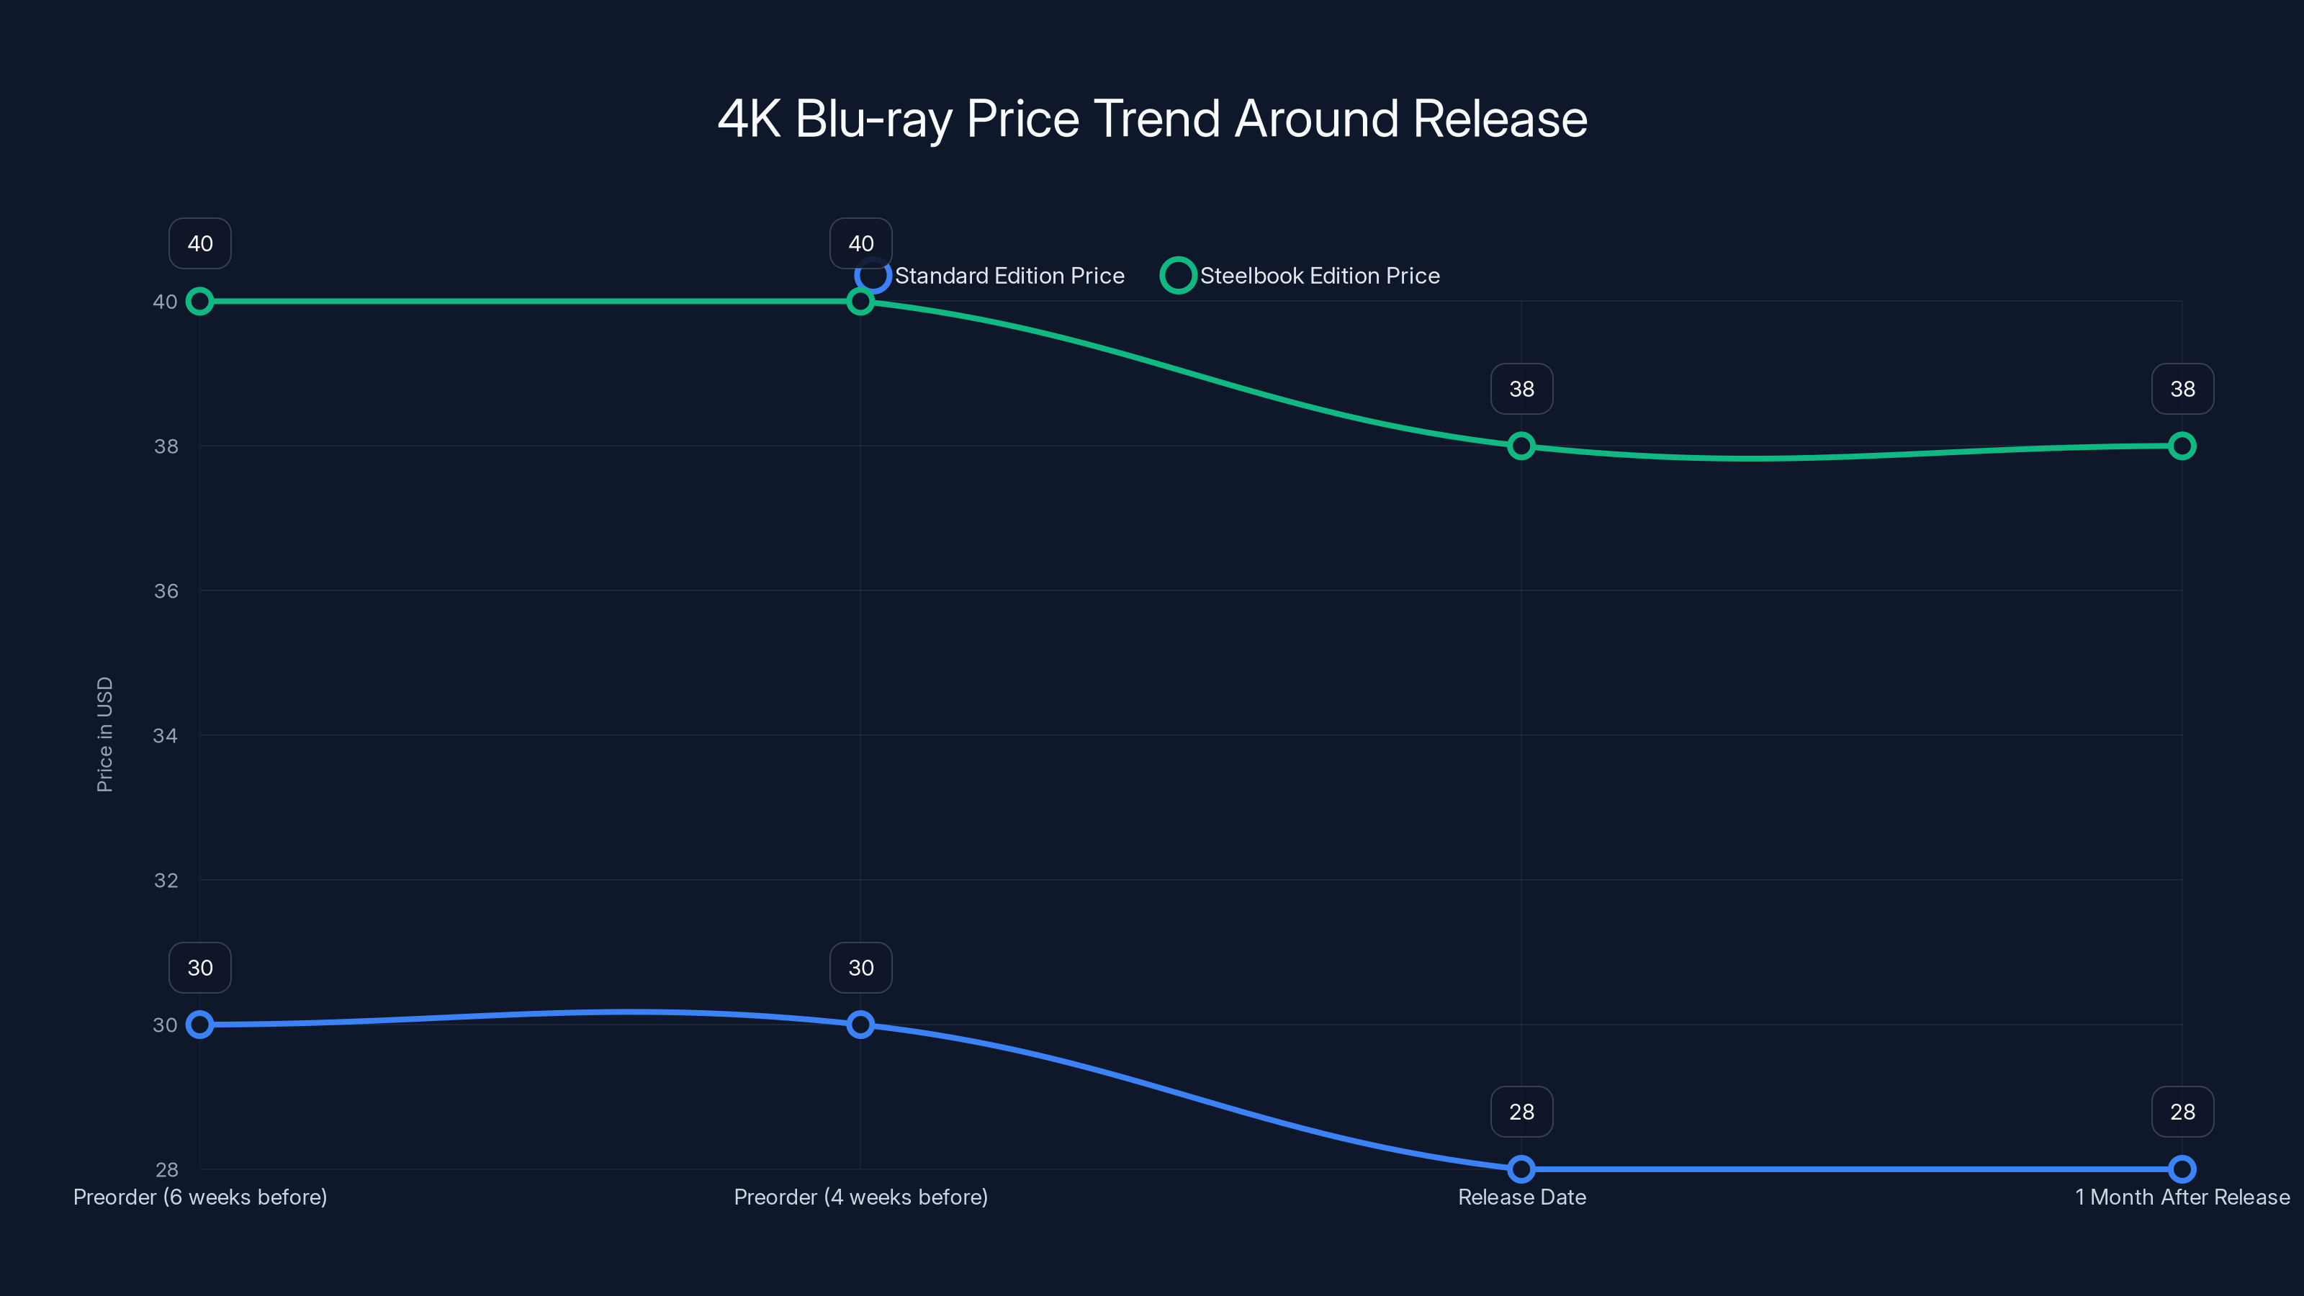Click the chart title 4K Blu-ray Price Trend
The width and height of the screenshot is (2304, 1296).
click(x=1152, y=119)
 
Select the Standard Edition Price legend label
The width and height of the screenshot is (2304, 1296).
click(x=1009, y=276)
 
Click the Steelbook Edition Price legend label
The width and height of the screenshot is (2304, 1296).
click(x=1319, y=276)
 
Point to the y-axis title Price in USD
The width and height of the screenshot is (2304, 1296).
click(x=104, y=734)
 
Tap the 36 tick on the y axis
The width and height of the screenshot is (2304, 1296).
click(x=166, y=591)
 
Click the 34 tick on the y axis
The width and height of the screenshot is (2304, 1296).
click(x=166, y=735)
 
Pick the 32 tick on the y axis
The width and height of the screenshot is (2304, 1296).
click(x=166, y=880)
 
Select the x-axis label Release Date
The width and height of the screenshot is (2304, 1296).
click(x=1521, y=1197)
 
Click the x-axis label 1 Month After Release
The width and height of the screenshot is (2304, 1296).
click(x=2182, y=1197)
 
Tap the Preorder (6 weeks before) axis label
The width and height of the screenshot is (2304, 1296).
click(x=200, y=1197)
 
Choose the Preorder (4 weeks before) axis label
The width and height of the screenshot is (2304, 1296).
click(x=860, y=1197)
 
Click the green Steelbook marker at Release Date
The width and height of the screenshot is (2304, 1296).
click(x=1521, y=446)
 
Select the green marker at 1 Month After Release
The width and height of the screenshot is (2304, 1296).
click(x=2182, y=446)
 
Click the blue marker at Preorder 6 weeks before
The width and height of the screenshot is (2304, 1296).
click(x=200, y=1024)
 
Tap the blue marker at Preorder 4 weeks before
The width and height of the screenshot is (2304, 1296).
click(x=860, y=1024)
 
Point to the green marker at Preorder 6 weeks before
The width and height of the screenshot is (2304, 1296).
click(x=200, y=302)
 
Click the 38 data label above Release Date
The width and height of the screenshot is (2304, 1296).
click(x=1521, y=389)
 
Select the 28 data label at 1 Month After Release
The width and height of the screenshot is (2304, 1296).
click(x=2182, y=1112)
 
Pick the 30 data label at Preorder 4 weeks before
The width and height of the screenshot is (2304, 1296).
click(x=860, y=968)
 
